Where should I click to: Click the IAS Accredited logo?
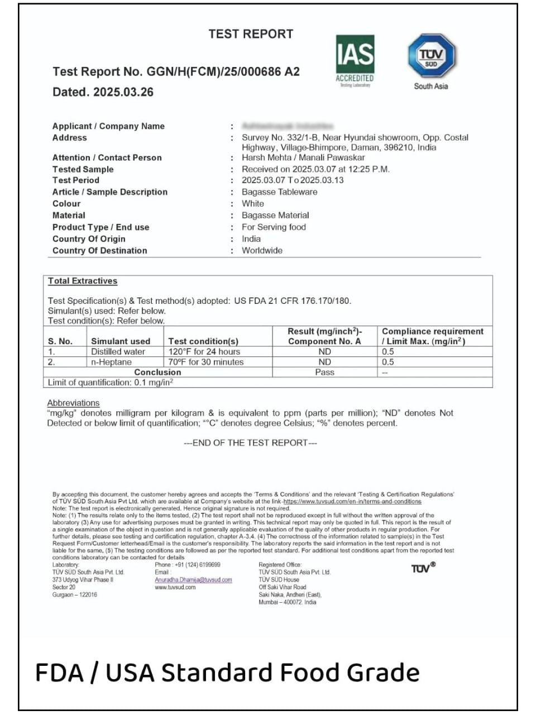pyautogui.click(x=355, y=61)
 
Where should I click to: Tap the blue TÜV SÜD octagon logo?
pyautogui.click(x=431, y=56)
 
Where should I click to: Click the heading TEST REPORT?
pyautogui.click(x=251, y=34)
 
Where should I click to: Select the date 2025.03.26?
pyautogui.click(x=123, y=92)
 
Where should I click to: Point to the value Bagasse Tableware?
pyautogui.click(x=279, y=192)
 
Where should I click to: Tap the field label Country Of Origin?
pyautogui.click(x=89, y=239)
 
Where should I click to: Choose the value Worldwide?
pyautogui.click(x=262, y=250)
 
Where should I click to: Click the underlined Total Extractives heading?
pyautogui.click(x=83, y=281)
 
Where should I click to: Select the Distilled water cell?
pyautogui.click(x=118, y=351)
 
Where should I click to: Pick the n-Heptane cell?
pyautogui.click(x=111, y=362)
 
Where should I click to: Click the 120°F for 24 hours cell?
pyautogui.click(x=204, y=351)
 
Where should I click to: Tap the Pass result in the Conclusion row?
pyautogui.click(x=324, y=372)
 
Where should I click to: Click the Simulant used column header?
pyautogui.click(x=121, y=341)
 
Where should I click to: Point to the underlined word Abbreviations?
pyautogui.click(x=73, y=403)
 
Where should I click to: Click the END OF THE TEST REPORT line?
pyautogui.click(x=250, y=443)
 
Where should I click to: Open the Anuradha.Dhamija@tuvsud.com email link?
pyautogui.click(x=193, y=580)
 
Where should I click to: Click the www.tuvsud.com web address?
pyautogui.click(x=175, y=587)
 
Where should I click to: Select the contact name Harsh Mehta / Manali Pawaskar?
pyautogui.click(x=303, y=158)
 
